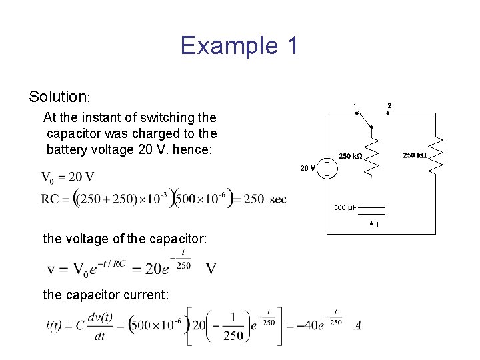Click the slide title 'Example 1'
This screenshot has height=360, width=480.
[239, 46]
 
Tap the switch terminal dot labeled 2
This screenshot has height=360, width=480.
[388, 113]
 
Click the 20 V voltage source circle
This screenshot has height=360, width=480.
[327, 167]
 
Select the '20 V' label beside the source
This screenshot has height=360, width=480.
[307, 168]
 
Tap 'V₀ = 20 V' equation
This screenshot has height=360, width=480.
[67, 177]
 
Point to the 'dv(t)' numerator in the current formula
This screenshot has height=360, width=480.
[100, 317]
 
